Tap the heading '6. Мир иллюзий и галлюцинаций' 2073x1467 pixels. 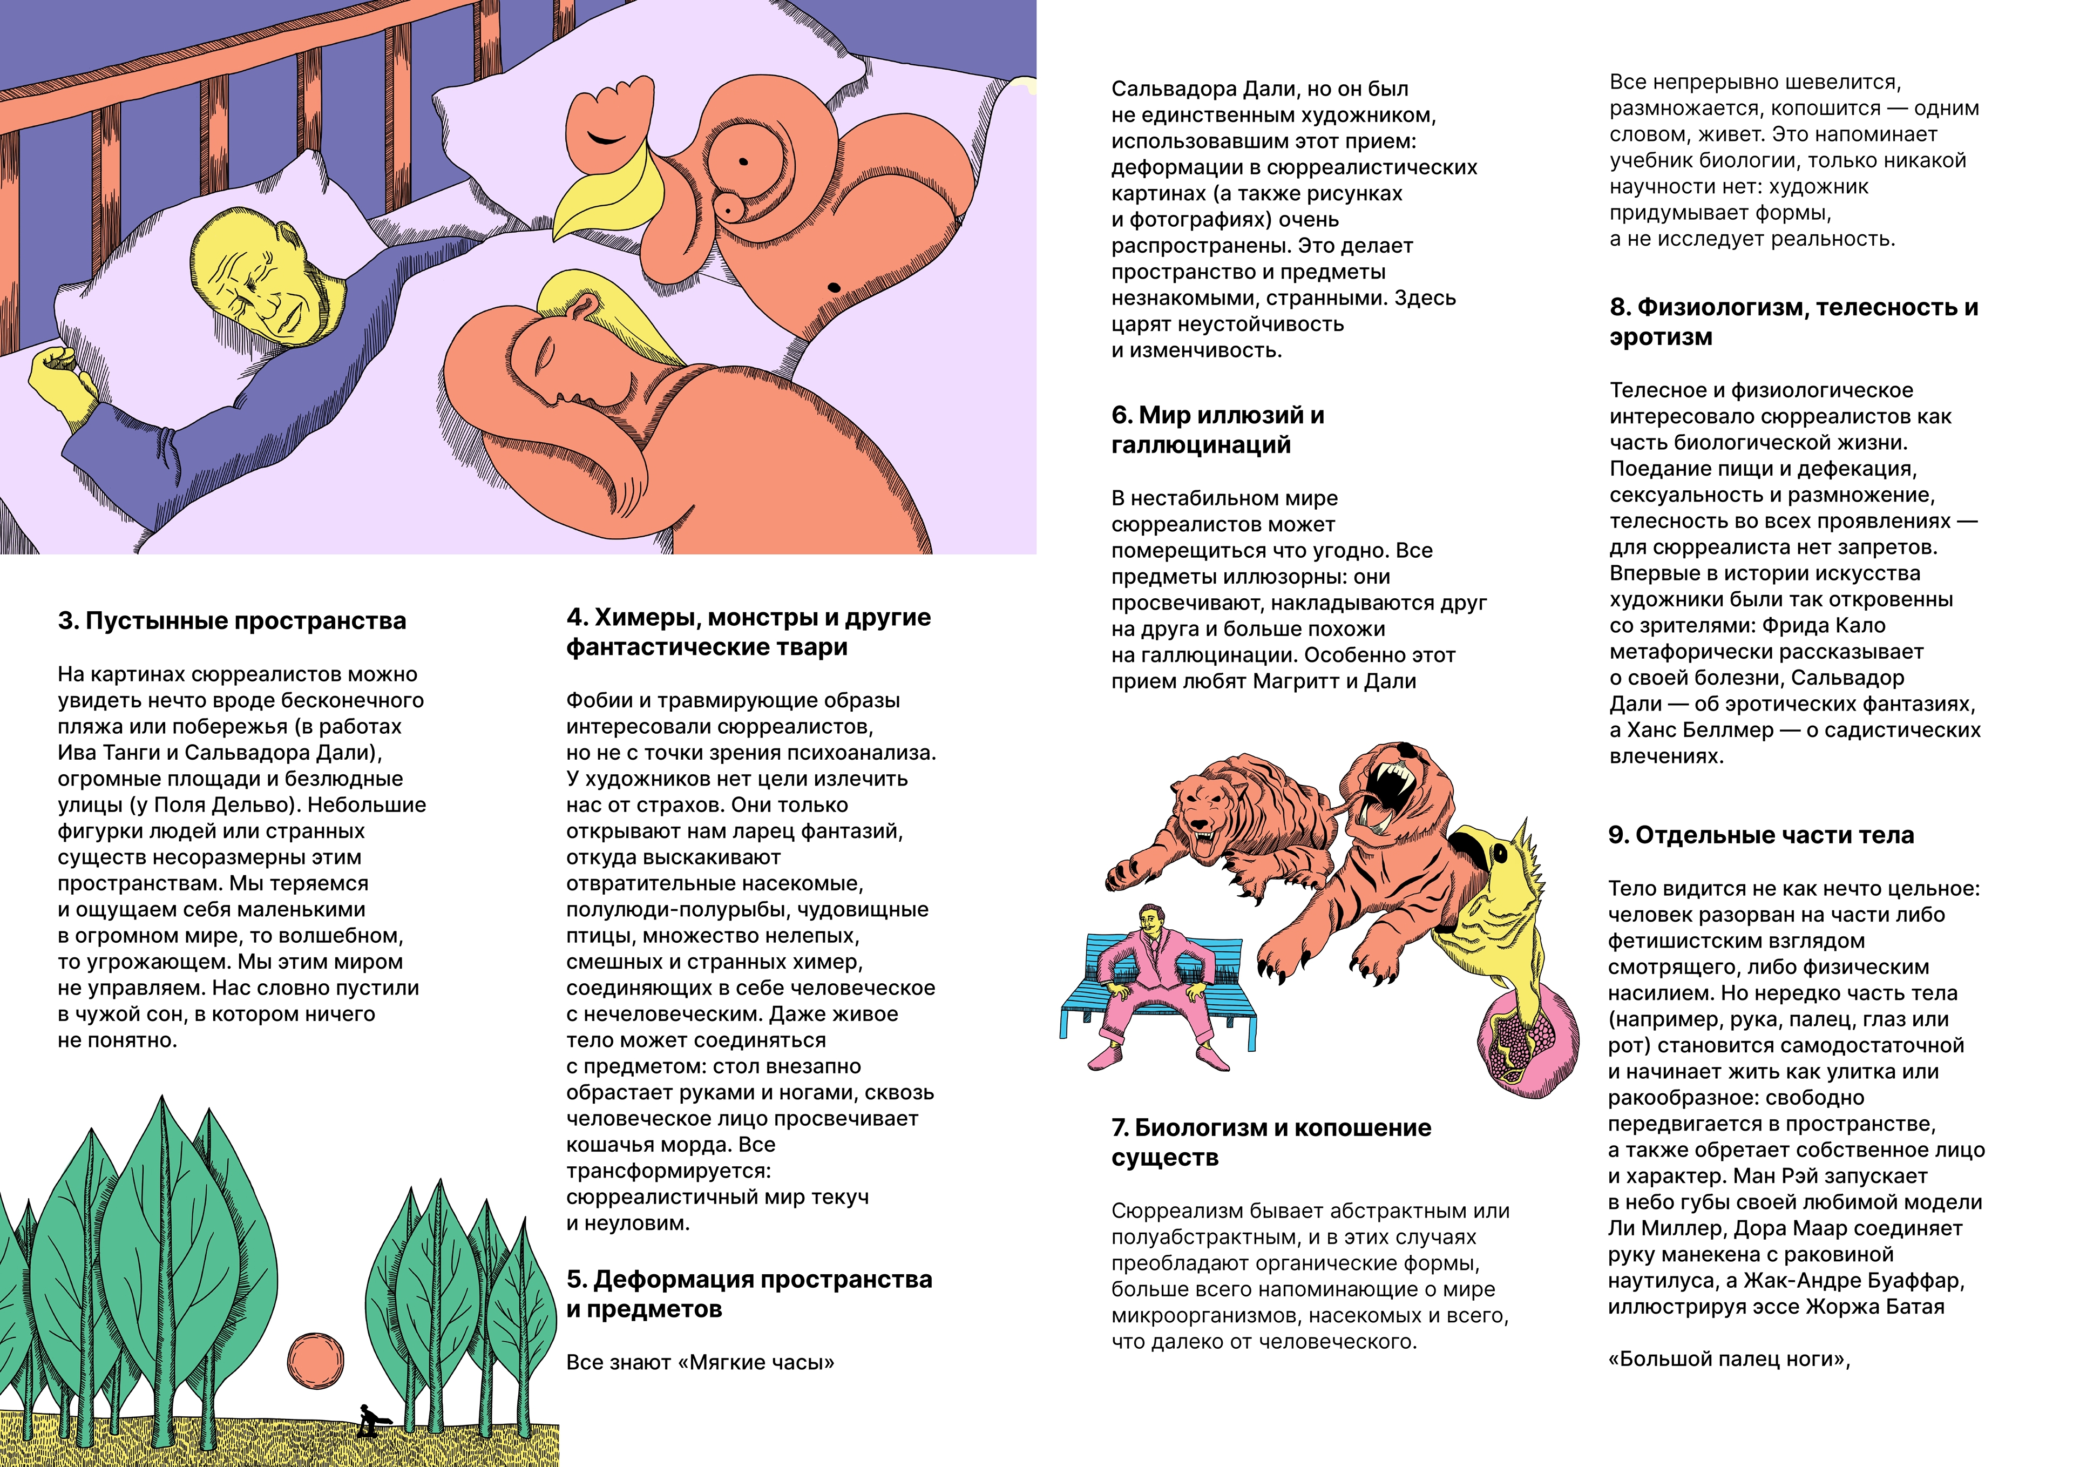pyautogui.click(x=1217, y=430)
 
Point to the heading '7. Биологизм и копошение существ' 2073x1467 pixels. pyautogui.click(x=1270, y=1142)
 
